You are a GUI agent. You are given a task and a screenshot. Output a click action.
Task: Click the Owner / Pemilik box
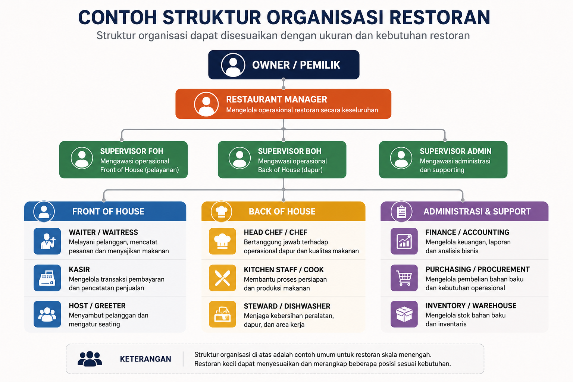pos(284,65)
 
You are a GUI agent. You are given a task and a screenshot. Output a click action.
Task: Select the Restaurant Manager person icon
pos(206,104)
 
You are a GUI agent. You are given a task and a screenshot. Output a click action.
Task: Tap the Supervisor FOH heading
pos(131,151)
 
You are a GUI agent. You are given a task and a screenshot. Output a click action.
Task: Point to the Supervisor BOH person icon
pos(239,158)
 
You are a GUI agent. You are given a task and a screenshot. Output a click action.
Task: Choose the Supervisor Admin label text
pos(455,151)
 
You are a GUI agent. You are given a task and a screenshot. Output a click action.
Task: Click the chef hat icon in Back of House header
pos(221,212)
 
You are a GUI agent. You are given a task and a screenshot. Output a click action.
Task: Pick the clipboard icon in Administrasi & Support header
pos(401,212)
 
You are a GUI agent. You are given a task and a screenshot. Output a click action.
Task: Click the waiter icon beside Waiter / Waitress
pos(47,241)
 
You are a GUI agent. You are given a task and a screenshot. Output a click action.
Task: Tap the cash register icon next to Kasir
pos(47,278)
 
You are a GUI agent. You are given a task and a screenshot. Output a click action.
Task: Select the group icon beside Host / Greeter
pos(47,314)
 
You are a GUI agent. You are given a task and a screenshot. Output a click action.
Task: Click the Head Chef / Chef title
pos(276,232)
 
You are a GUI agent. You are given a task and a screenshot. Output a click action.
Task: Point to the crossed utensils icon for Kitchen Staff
pos(222,278)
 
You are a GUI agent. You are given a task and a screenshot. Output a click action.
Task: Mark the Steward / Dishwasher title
pos(287,306)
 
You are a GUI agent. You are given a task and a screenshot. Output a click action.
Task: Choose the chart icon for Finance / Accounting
pos(404,241)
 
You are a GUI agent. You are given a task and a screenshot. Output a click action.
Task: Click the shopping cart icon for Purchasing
pos(404,278)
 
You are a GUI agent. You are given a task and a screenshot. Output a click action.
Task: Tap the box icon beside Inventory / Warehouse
pos(404,314)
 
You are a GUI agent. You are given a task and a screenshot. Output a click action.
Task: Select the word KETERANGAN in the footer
pos(145,359)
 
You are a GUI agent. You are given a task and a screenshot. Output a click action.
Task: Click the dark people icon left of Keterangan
pos(90,359)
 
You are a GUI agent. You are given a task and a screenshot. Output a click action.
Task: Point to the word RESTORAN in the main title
pos(440,18)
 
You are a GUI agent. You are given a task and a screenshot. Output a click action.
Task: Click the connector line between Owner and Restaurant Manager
pos(284,84)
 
